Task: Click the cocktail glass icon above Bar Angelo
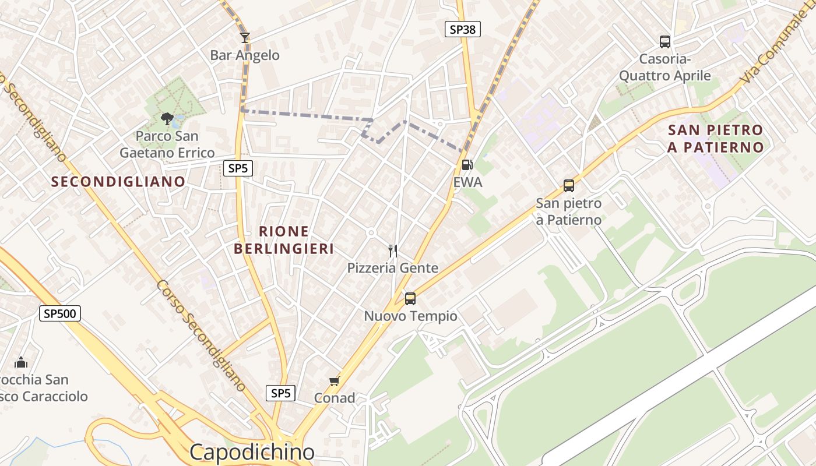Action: point(245,38)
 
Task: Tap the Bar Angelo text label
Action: point(245,55)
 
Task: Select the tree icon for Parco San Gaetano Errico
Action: point(167,119)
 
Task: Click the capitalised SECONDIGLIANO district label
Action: point(118,182)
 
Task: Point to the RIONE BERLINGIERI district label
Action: point(284,240)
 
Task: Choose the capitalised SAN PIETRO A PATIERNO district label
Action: point(715,139)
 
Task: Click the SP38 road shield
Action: point(463,29)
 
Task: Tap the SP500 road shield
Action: point(60,314)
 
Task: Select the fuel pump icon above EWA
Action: point(466,165)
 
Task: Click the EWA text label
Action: point(467,182)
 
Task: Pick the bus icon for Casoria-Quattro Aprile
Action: point(664,41)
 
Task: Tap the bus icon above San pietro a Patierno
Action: point(568,186)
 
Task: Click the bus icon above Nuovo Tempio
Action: point(410,299)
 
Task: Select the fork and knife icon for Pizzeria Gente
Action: point(393,251)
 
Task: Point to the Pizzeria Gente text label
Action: point(393,268)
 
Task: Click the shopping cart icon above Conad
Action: point(334,381)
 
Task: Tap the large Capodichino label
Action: point(252,452)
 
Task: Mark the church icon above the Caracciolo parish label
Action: point(21,362)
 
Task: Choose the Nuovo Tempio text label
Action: point(410,316)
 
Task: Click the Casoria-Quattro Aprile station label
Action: point(664,67)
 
